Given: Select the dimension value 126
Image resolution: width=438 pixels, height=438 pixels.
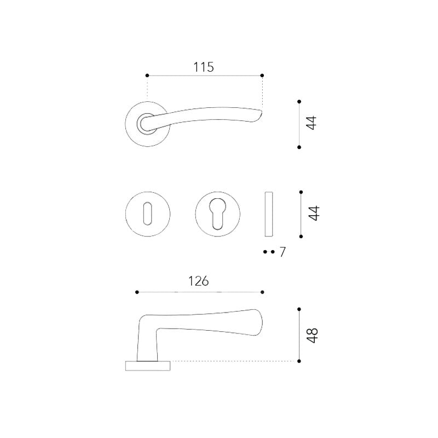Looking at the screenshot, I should click(198, 281).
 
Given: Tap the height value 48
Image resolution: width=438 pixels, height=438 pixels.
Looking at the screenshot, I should click(312, 335).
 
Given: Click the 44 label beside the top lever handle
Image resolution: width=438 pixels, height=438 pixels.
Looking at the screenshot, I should click(312, 123).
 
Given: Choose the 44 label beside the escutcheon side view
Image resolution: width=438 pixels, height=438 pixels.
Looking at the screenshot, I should click(313, 213).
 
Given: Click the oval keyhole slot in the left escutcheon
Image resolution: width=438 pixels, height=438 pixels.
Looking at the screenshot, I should click(148, 214).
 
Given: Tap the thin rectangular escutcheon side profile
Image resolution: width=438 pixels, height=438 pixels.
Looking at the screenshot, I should click(268, 214).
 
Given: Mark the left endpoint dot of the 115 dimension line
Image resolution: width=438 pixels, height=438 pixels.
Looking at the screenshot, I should click(147, 75).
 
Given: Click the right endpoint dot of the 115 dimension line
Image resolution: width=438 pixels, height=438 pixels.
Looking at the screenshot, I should click(262, 75).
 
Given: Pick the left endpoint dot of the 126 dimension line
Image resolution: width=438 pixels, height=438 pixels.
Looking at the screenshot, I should click(137, 292).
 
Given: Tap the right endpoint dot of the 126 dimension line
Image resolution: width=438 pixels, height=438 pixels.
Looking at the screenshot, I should click(263, 292).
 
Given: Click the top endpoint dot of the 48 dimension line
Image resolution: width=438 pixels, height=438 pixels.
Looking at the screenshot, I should click(299, 309).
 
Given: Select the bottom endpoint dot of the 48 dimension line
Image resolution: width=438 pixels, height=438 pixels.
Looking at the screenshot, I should click(299, 361).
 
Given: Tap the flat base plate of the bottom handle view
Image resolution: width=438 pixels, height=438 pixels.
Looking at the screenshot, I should click(148, 365).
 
